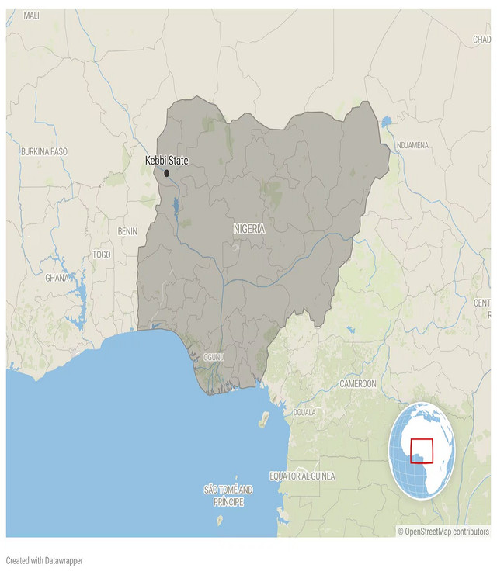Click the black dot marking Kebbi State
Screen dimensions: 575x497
click(x=166, y=173)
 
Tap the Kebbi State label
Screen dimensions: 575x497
click(x=166, y=161)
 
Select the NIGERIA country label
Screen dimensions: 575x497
click(x=248, y=229)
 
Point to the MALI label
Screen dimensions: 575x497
click(x=31, y=16)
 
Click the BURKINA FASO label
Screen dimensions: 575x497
click(x=45, y=151)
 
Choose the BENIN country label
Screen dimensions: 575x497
click(x=127, y=231)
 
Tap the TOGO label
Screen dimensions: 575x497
click(x=101, y=255)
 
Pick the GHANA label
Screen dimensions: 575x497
click(x=57, y=278)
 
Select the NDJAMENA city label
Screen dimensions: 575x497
click(x=412, y=145)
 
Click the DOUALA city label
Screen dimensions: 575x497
click(x=304, y=412)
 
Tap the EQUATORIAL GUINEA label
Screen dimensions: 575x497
click(x=302, y=476)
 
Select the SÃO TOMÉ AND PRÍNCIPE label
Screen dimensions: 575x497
click(x=228, y=496)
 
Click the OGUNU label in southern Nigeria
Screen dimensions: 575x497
click(x=213, y=358)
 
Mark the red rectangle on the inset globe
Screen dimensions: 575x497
click(x=421, y=451)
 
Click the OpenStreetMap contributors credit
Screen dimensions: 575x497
click(x=443, y=532)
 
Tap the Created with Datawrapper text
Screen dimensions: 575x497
click(x=44, y=560)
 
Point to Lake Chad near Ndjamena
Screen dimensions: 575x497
click(x=386, y=122)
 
